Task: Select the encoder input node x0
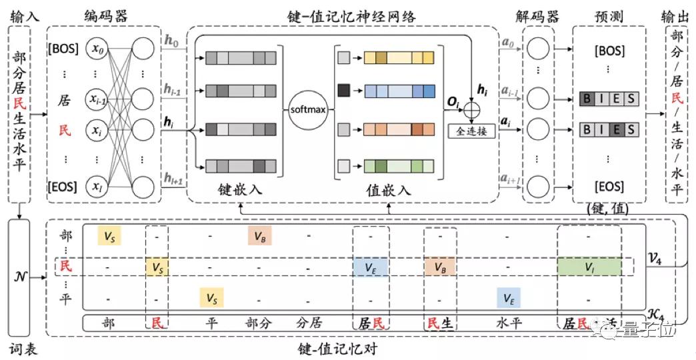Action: [98, 49]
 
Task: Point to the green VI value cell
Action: [589, 266]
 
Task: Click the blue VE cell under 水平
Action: [508, 298]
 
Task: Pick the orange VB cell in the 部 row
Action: [259, 235]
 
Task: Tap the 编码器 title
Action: [105, 15]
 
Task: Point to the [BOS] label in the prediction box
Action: [608, 50]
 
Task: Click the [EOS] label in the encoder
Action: [63, 185]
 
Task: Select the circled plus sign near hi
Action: [473, 109]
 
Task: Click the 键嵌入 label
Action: [240, 190]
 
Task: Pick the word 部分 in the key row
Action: [259, 323]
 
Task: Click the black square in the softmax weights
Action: [344, 87]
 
